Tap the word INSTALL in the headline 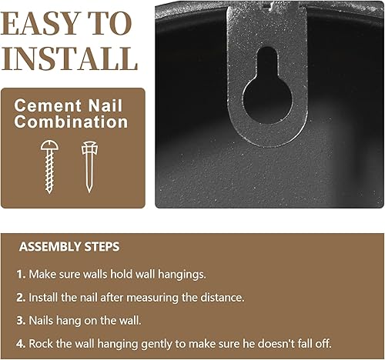point(70,58)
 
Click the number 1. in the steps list point(21,275)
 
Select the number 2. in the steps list point(21,297)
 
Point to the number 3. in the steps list point(21,319)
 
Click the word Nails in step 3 point(43,319)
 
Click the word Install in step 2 point(45,297)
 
